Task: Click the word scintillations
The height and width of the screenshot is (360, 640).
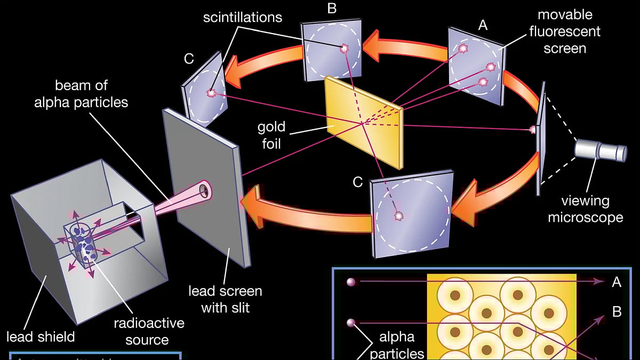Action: coord(243,17)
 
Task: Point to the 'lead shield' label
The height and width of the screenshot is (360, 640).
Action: coord(41,337)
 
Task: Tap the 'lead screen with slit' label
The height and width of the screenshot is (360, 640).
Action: coord(225,299)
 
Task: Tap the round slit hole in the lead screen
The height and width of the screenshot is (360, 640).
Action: coord(204,189)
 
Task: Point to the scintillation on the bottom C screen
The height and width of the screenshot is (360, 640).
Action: coord(398,216)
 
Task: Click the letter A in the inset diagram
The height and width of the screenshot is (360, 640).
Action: coord(617,282)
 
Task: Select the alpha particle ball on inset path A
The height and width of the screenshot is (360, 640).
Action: coord(351,282)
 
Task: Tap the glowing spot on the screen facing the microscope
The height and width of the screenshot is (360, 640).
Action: coord(532,130)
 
